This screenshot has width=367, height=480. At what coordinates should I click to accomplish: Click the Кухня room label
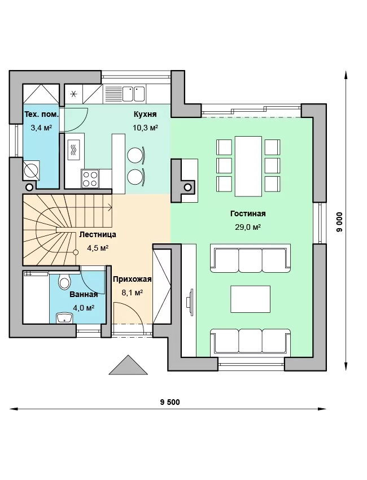click(145, 114)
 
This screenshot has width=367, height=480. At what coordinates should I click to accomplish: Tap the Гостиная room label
click(248, 213)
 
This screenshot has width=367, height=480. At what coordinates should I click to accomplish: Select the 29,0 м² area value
click(248, 227)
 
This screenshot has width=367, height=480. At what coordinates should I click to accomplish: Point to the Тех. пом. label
click(41, 115)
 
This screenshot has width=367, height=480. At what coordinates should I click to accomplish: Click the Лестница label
click(98, 234)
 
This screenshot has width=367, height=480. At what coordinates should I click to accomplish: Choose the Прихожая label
click(132, 279)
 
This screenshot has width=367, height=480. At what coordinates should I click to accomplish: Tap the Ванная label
click(84, 294)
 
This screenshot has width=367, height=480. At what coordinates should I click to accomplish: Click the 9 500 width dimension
click(170, 402)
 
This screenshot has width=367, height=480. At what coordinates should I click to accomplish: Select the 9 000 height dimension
click(339, 222)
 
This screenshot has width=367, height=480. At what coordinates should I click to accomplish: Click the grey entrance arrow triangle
click(128, 365)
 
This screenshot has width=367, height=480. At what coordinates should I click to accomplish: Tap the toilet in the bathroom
click(64, 281)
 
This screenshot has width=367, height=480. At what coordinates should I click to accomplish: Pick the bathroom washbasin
click(64, 318)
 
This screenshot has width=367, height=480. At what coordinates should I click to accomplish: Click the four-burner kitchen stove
click(90, 178)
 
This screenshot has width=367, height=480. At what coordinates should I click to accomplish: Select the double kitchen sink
click(134, 93)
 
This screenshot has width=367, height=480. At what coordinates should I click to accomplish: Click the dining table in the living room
click(248, 166)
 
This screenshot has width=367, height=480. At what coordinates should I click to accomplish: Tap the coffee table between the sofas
click(250, 299)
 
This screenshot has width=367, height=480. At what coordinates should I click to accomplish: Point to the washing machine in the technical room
click(32, 170)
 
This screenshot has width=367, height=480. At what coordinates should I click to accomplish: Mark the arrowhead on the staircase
click(110, 207)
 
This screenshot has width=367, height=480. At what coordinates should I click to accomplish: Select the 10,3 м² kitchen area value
click(145, 128)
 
